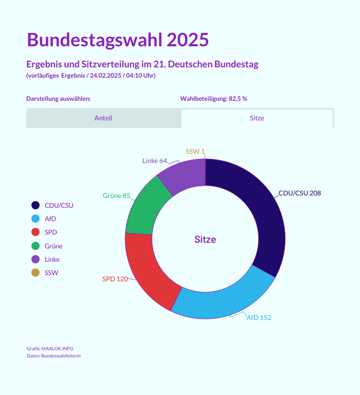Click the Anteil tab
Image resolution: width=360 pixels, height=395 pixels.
tap(103, 118)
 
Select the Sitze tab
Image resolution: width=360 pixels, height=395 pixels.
tap(257, 118)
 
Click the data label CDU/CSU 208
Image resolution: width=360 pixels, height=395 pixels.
tap(299, 193)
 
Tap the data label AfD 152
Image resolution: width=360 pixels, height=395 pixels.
tap(259, 317)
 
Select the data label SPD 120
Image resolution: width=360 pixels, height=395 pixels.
tap(115, 279)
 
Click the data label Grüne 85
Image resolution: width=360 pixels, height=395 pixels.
tap(117, 196)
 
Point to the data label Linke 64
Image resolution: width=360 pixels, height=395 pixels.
tap(155, 160)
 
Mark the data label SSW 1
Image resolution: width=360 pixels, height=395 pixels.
tap(195, 151)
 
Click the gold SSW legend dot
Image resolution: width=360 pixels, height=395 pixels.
tap(35, 273)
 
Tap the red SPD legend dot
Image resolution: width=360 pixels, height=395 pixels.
tap(35, 232)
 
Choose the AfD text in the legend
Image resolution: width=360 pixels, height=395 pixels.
tap(50, 219)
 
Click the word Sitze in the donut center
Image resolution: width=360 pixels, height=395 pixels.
tap(205, 239)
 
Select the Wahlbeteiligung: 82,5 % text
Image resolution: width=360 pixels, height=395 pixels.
tap(213, 99)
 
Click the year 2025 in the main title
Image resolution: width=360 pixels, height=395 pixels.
tap(187, 40)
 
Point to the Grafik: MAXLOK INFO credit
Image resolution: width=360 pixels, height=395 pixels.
tap(50, 349)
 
